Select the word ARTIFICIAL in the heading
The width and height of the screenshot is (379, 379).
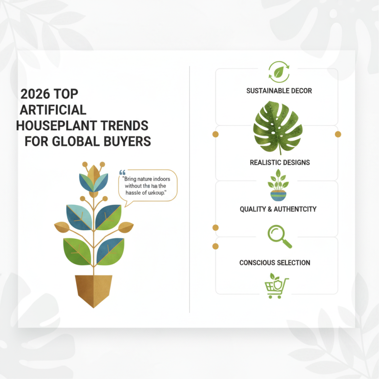pos(53,110)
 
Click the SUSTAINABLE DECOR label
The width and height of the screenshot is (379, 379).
pos(279,90)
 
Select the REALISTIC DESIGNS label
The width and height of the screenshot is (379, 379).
pos(280,162)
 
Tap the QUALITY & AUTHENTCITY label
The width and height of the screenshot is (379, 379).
pos(278,209)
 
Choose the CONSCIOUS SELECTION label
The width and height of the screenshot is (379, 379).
pos(275,262)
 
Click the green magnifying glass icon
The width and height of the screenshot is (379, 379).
pos(279,236)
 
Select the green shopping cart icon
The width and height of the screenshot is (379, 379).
pos(277,287)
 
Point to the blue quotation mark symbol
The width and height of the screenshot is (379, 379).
pos(122,173)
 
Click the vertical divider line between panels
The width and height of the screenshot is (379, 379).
pos(189,189)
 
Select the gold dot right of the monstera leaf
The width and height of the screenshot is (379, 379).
pos(338,135)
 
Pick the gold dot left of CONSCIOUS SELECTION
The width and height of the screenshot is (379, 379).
pos(216,246)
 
